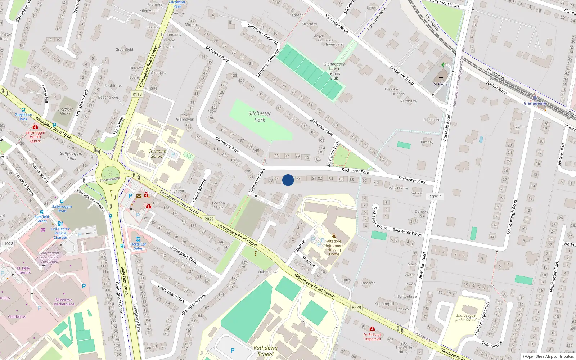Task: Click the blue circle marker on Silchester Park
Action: coord(288,180)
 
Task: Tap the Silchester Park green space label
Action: coord(260,117)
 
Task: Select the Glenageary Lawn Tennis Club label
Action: coord(334,71)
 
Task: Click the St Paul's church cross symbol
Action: coord(441,78)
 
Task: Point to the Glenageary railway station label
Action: coord(535,103)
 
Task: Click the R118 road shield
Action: coord(137,94)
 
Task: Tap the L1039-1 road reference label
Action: coord(435,197)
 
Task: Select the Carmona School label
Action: coord(157,154)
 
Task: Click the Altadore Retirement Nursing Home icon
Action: coord(334,236)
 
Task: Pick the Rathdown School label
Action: coord(266,351)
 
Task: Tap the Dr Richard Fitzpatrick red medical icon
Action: coord(372,329)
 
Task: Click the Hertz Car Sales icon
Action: coord(138,239)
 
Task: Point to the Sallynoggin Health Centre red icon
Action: coord(35,127)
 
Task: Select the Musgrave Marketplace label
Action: coord(64,302)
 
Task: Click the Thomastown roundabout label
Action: coord(110,179)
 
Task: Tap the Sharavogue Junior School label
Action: coord(466,318)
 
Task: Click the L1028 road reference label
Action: coord(8,244)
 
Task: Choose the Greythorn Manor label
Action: coord(65,111)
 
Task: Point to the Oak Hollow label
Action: coord(267,272)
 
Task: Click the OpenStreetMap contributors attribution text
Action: coord(548,356)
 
